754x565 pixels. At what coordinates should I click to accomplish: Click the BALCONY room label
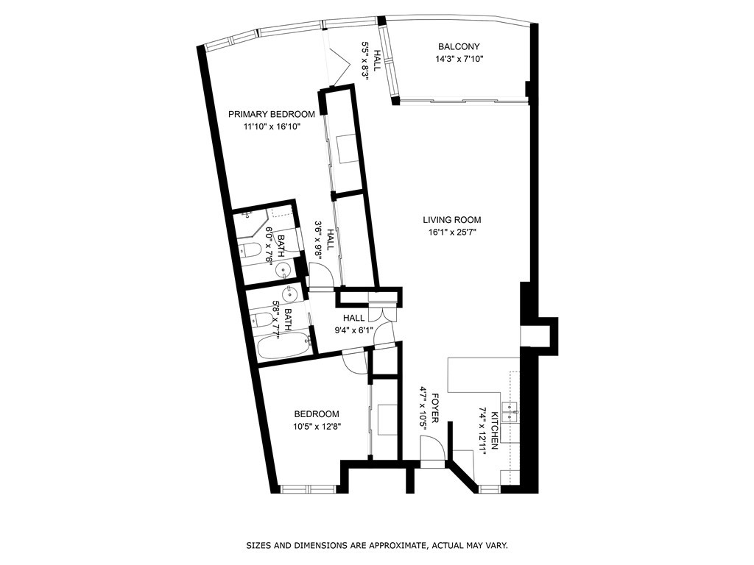tap(459, 46)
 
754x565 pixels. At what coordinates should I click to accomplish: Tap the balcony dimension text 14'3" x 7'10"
tap(459, 59)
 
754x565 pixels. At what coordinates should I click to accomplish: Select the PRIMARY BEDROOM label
tap(272, 114)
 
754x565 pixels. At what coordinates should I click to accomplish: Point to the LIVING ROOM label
tap(452, 220)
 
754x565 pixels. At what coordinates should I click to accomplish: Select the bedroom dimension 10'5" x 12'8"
tap(317, 426)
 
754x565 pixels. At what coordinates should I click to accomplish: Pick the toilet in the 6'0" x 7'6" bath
tap(251, 249)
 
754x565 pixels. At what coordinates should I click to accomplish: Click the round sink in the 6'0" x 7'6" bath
tap(283, 271)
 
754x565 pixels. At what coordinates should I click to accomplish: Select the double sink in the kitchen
tap(509, 412)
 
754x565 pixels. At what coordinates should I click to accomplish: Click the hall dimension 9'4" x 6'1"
tap(354, 330)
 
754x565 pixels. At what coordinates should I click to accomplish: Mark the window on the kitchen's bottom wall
tap(490, 489)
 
